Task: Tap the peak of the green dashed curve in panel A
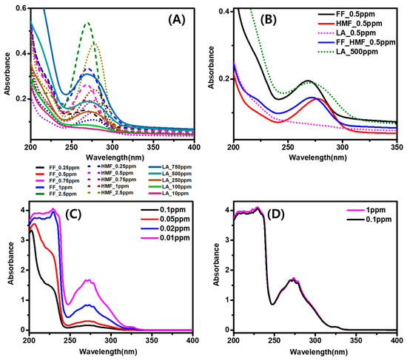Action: (87, 23)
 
